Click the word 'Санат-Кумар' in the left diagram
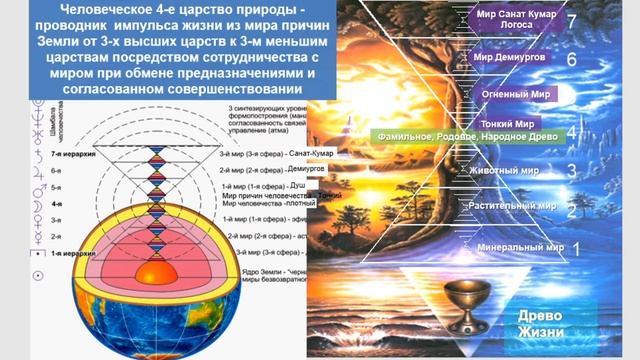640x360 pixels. coord(311,154)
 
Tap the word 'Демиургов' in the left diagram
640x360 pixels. coord(306,170)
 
